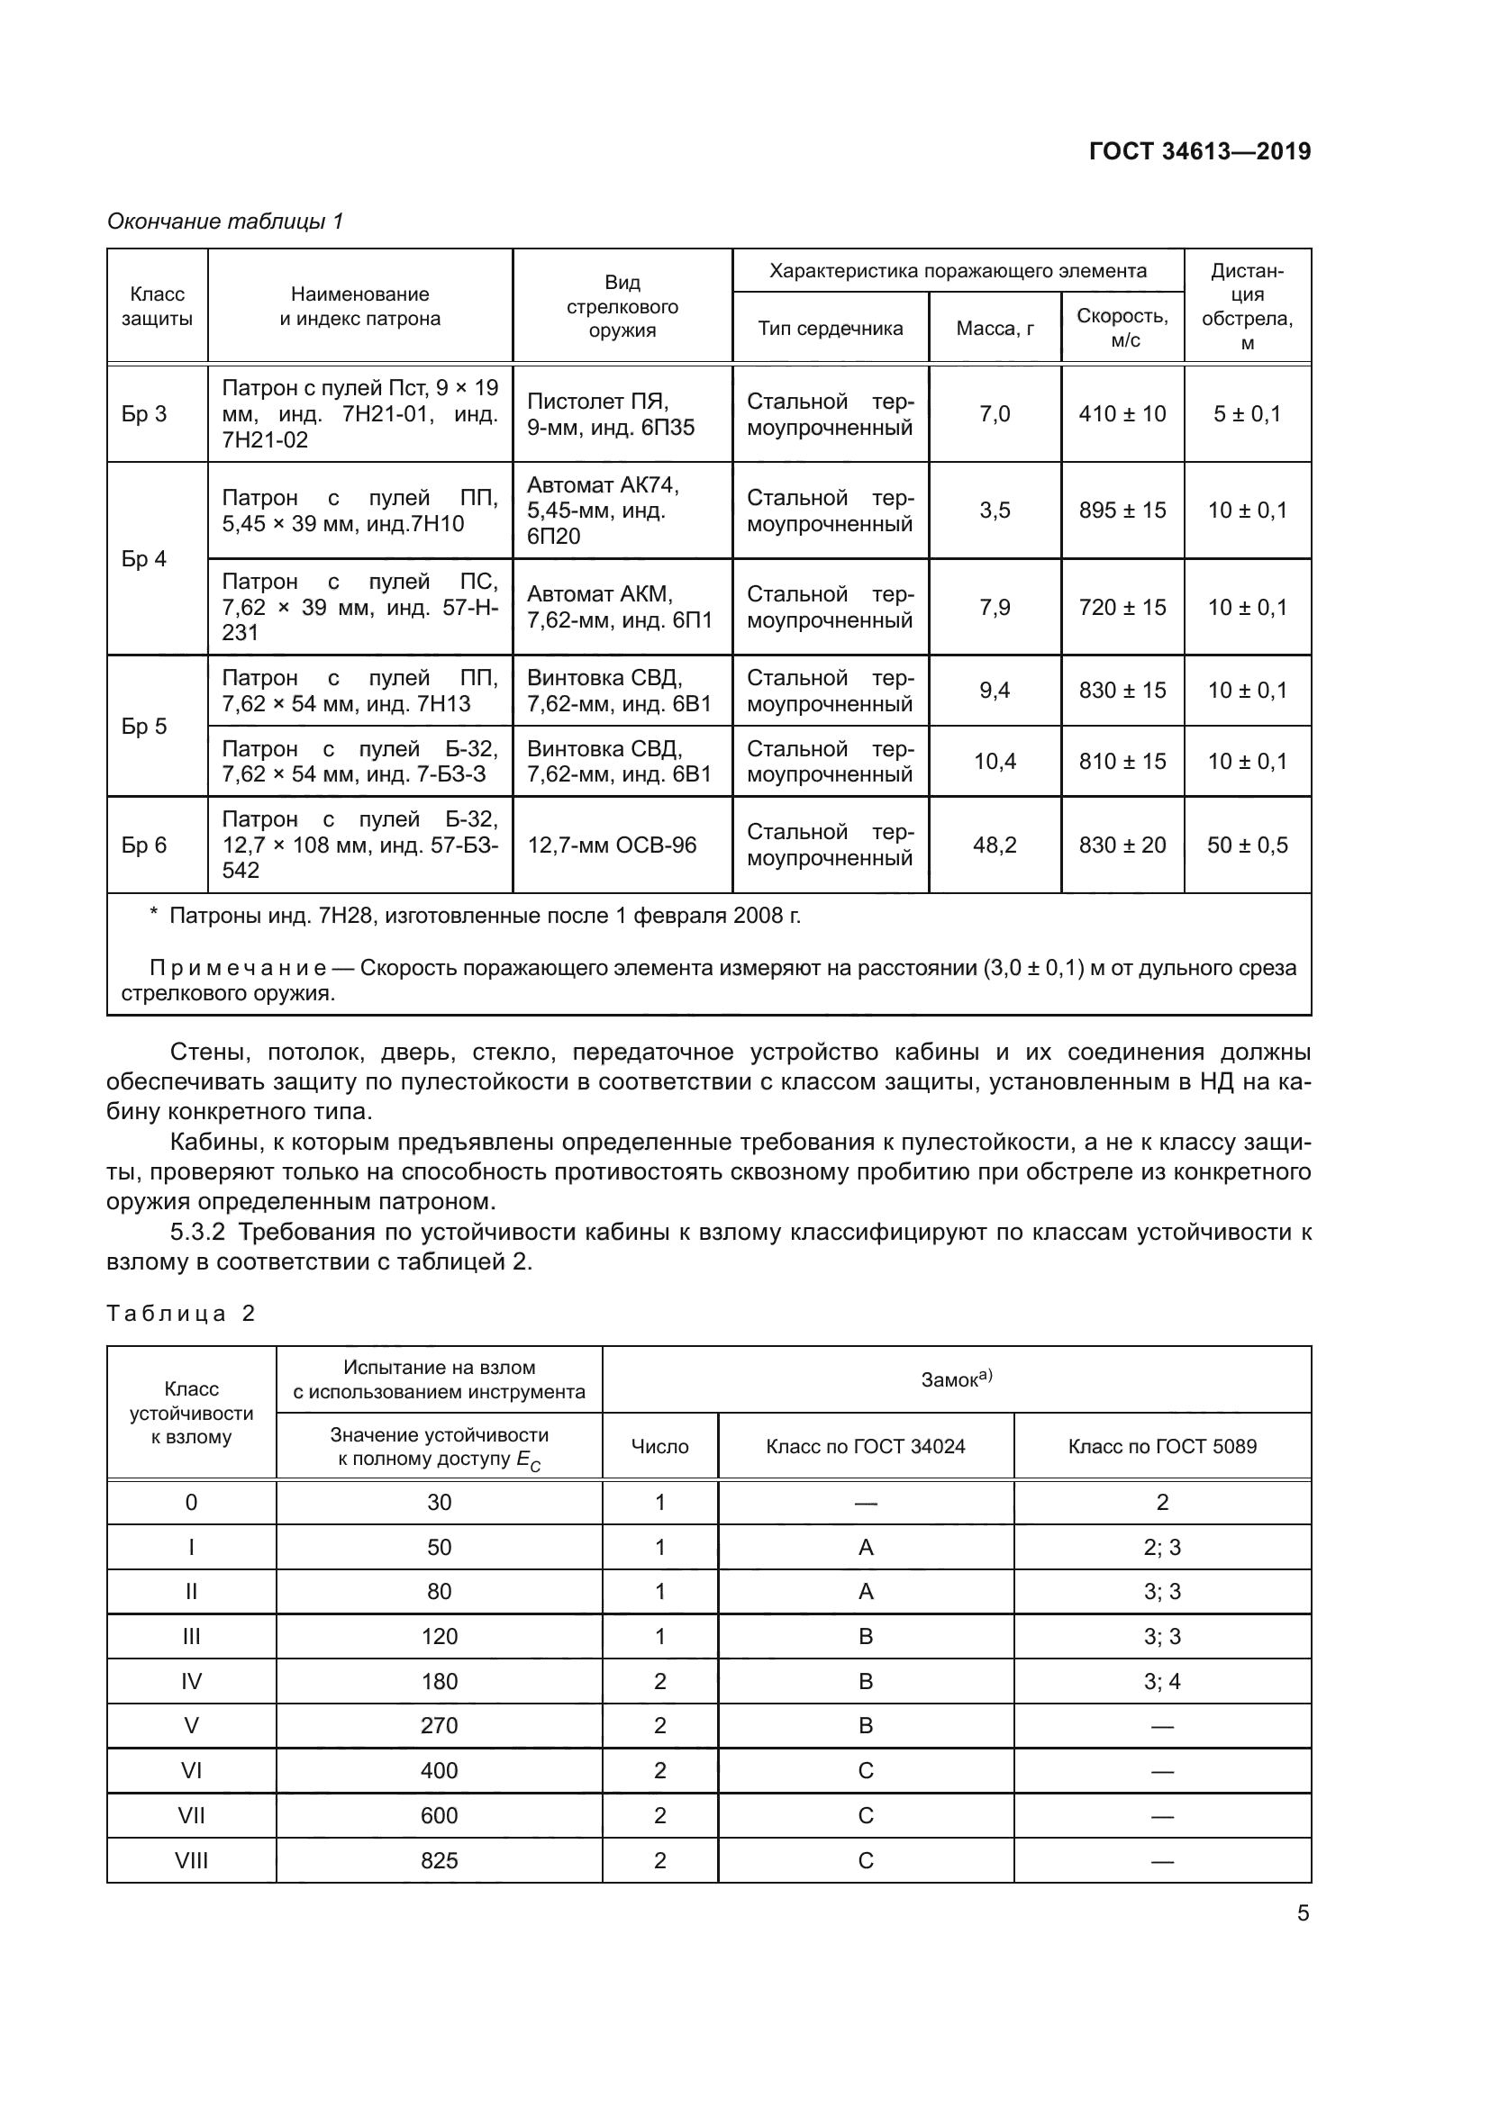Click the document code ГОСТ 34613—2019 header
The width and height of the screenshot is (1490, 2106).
tap(1199, 151)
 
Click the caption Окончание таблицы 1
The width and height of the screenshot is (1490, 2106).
tap(225, 221)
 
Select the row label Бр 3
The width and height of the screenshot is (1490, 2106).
tap(144, 413)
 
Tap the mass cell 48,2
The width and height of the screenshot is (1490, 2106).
tap(995, 845)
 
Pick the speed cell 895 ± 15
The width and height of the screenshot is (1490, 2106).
tap(1122, 510)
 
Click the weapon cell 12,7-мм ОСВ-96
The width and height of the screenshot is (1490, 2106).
tap(612, 845)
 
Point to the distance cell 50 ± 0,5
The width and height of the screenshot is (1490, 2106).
tap(1247, 845)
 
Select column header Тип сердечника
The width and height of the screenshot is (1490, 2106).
tap(830, 329)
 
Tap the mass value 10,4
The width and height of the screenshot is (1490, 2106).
tap(995, 762)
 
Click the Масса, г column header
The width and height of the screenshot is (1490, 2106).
tap(995, 329)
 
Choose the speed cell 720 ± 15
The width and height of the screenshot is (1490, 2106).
tap(1122, 607)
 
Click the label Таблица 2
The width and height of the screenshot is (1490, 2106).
tap(181, 1314)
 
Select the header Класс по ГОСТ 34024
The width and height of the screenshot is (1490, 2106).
tap(865, 1447)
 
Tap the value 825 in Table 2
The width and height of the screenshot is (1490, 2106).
tap(439, 1860)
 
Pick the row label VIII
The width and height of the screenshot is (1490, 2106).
tap(191, 1860)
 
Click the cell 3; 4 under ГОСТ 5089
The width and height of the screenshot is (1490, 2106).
tap(1161, 1681)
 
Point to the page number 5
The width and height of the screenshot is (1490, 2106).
tap(1302, 1912)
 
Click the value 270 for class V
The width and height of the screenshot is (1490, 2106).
tap(439, 1725)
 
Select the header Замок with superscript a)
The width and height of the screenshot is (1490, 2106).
tap(956, 1379)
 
